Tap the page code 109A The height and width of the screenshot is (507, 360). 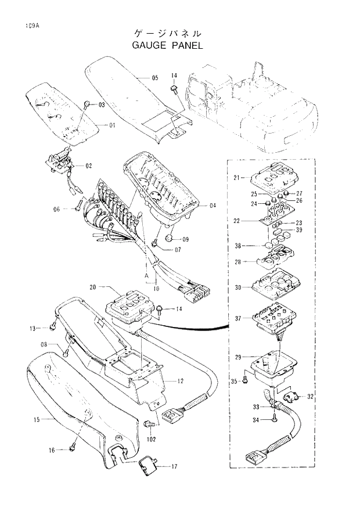click(31, 26)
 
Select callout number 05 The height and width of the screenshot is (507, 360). click(155, 77)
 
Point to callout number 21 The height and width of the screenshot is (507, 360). click(237, 177)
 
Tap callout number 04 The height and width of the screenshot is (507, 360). click(212, 205)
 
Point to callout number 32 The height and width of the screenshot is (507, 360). click(310, 397)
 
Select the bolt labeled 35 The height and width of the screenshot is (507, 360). click(246, 380)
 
